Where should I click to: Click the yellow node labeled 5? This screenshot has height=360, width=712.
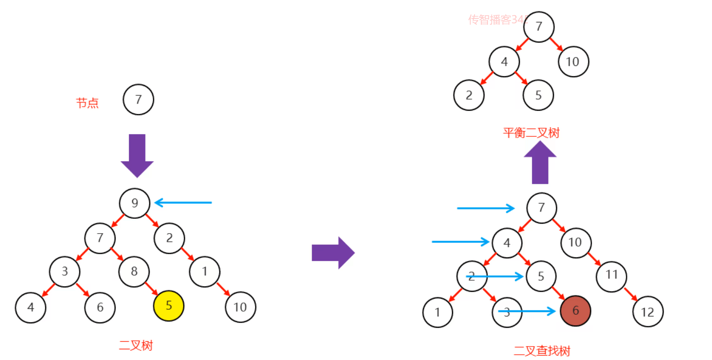168,306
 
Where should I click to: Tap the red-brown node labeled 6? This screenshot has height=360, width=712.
575,311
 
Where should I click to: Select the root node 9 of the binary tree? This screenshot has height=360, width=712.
134,203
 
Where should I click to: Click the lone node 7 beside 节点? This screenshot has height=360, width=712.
138,100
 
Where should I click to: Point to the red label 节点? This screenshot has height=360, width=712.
87,103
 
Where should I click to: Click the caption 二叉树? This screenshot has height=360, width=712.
136,345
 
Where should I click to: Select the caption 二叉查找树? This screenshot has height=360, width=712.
542,351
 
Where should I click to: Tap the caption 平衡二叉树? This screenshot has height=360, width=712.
531,133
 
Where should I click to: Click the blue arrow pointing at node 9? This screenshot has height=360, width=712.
183,203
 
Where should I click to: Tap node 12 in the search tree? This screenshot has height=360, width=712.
647,312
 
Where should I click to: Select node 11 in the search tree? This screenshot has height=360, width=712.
611,275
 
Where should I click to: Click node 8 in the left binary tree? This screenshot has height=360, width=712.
134,271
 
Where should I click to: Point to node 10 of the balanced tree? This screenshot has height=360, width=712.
573,62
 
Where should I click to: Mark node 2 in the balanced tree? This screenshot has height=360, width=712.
469,95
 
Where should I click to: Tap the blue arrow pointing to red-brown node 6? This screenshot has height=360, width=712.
527,311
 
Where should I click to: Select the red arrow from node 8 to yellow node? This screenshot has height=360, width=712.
151,288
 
